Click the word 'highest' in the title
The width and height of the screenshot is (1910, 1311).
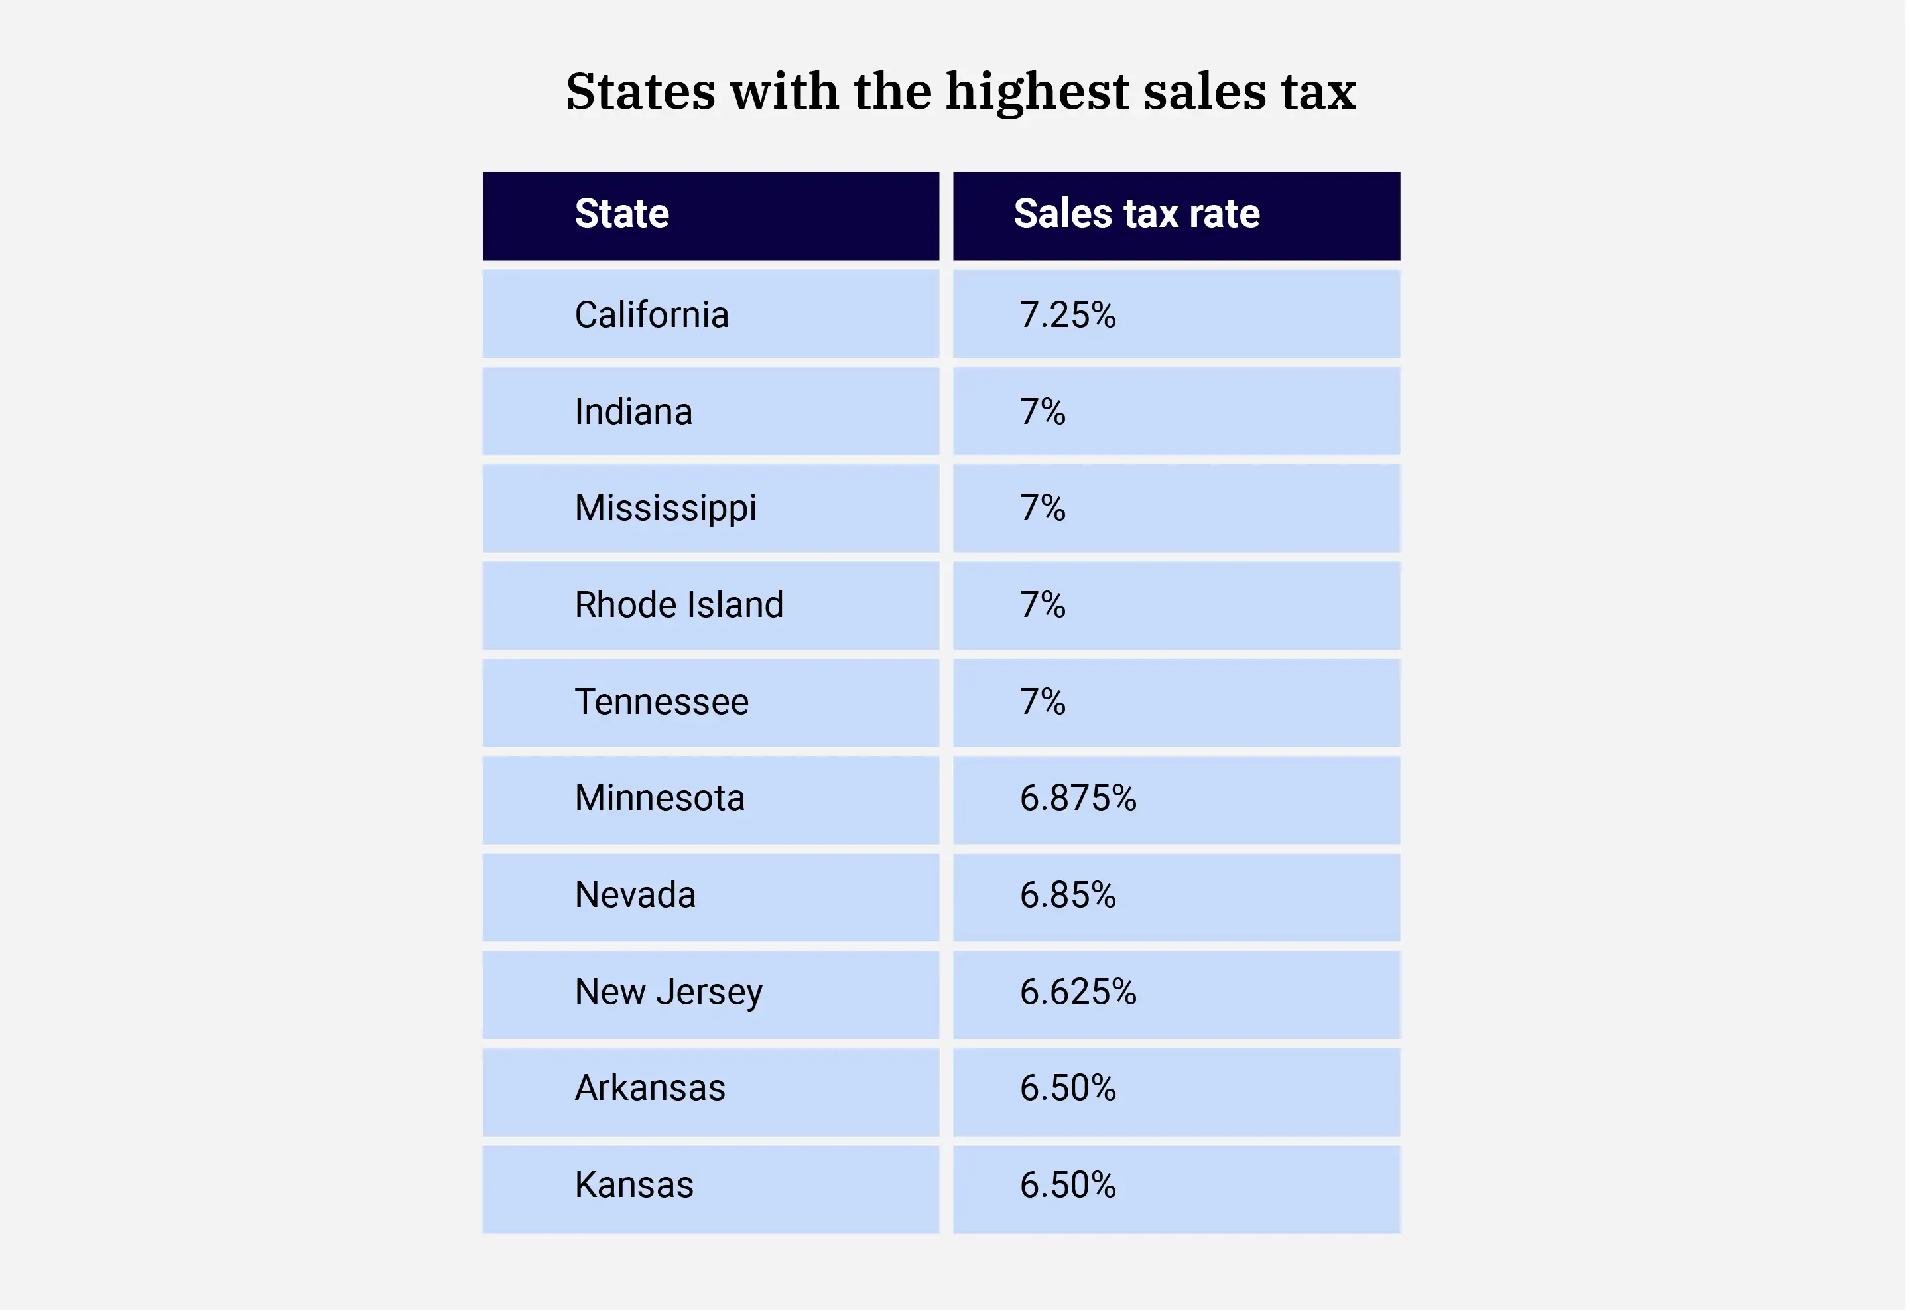pyautogui.click(x=1037, y=92)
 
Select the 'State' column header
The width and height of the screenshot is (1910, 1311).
pyautogui.click(x=622, y=214)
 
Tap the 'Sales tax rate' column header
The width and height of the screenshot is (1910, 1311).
pyautogui.click(x=1137, y=214)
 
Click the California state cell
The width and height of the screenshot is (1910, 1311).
pyautogui.click(x=652, y=314)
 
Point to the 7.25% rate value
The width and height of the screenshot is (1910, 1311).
pyautogui.click(x=1068, y=314)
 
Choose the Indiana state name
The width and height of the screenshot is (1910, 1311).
pyautogui.click(x=633, y=412)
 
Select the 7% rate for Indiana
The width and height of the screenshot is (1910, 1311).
pyautogui.click(x=1042, y=412)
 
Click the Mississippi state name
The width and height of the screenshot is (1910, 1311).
pyautogui.click(x=666, y=508)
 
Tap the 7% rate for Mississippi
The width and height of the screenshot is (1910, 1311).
pyautogui.click(x=1042, y=508)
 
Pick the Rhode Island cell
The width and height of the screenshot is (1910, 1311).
pyautogui.click(x=679, y=605)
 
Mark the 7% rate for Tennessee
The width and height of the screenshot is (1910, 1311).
pyautogui.click(x=1042, y=702)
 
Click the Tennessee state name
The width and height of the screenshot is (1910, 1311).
pyautogui.click(x=662, y=702)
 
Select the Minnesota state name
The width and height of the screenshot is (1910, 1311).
pyautogui.click(x=660, y=798)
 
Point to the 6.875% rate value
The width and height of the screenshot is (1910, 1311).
pyautogui.click(x=1078, y=798)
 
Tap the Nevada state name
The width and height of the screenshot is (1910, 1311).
pyautogui.click(x=635, y=895)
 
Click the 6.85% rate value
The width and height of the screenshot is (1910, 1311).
pyautogui.click(x=1068, y=895)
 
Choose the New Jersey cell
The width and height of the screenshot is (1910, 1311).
pyautogui.click(x=669, y=992)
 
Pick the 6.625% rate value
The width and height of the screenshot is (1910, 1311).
pyautogui.click(x=1078, y=992)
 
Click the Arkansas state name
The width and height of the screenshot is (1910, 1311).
pyautogui.click(x=650, y=1088)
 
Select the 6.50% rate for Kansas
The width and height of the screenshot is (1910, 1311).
pyautogui.click(x=1068, y=1185)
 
